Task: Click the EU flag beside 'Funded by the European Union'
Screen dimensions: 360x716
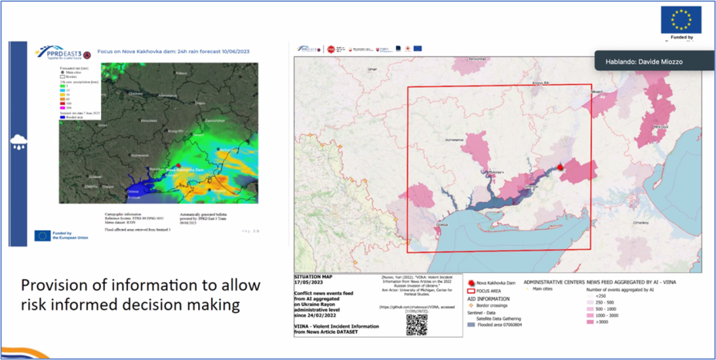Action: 42,235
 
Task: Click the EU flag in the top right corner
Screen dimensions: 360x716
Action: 681,20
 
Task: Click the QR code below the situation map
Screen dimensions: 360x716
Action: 417,325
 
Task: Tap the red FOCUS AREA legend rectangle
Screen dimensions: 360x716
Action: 471,291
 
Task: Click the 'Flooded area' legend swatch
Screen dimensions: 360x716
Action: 471,325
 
